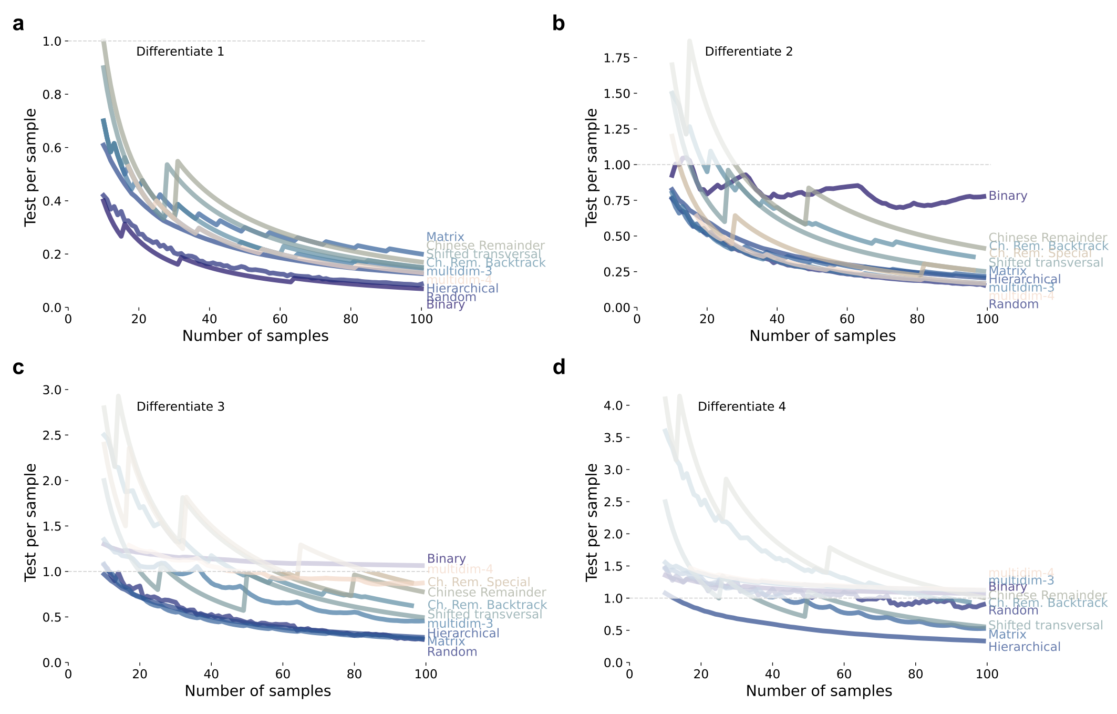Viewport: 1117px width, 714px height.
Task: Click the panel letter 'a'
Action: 18,24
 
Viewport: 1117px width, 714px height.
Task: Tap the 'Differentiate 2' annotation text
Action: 748,52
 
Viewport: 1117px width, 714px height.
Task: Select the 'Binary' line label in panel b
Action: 1007,196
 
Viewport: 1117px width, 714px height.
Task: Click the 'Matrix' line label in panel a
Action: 445,237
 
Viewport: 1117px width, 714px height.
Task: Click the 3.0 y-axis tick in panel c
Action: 52,390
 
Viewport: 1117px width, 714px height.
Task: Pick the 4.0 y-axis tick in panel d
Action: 613,406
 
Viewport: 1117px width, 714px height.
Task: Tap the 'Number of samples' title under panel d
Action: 819,691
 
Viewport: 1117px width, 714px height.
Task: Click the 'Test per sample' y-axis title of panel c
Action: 30,522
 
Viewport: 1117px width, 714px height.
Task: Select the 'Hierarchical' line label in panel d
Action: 1024,647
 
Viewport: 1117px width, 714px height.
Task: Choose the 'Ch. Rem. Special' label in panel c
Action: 479,582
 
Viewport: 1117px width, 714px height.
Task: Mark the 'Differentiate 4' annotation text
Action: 741,406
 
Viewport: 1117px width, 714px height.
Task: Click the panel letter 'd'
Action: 559,368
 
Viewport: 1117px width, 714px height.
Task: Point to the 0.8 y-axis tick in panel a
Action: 52,95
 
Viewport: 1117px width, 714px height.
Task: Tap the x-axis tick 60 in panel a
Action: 280,319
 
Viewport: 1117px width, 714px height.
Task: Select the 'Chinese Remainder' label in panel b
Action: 1047,238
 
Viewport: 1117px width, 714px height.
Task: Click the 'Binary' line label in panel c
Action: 446,558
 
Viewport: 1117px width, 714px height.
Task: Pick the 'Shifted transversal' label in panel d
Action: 1045,625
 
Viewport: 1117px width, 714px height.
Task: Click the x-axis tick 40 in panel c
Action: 211,674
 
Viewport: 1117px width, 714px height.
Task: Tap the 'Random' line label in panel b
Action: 1013,304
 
